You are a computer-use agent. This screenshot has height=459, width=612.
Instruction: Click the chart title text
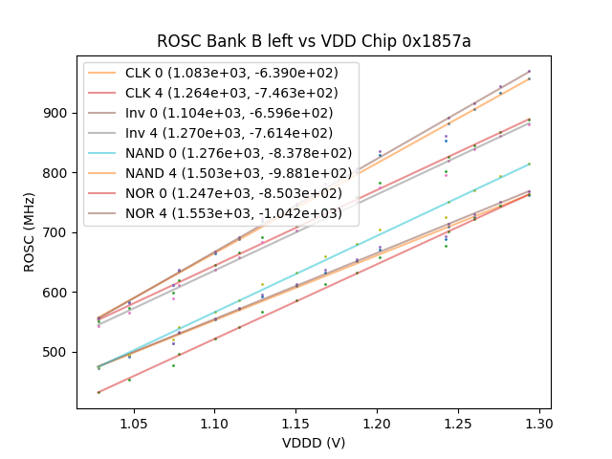[x=314, y=41]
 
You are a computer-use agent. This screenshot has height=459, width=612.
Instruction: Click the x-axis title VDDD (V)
[x=314, y=443]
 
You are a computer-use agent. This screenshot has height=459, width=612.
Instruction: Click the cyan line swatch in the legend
[x=103, y=153]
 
